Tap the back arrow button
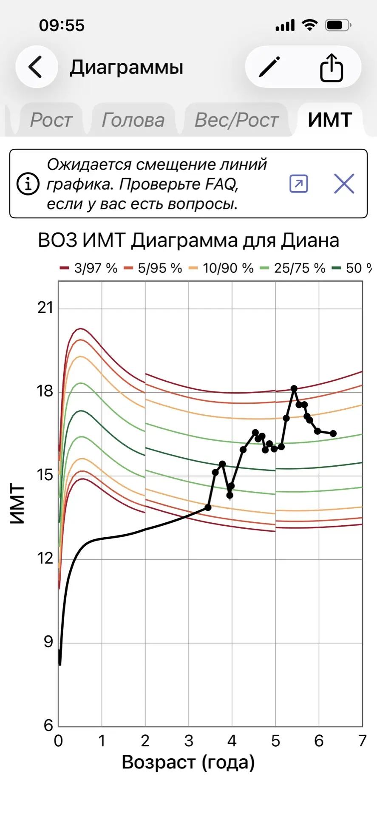pyautogui.click(x=36, y=67)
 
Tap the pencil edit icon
pyautogui.click(x=269, y=67)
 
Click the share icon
pyautogui.click(x=331, y=67)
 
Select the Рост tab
pyautogui.click(x=51, y=120)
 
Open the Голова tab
pyautogui.click(x=133, y=120)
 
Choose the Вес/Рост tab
pyautogui.click(x=237, y=120)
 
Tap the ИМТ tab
pyautogui.click(x=330, y=120)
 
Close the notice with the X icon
pyautogui.click(x=344, y=184)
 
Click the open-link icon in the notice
pyautogui.click(x=298, y=184)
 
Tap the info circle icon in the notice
pyautogui.click(x=28, y=184)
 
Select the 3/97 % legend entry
pyautogui.click(x=89, y=268)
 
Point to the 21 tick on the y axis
pyautogui.click(x=45, y=308)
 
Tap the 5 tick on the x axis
pyautogui.click(x=275, y=741)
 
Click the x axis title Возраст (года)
pyautogui.click(x=188, y=762)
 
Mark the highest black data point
pyautogui.click(x=294, y=388)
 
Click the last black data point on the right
pyautogui.click(x=333, y=433)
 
